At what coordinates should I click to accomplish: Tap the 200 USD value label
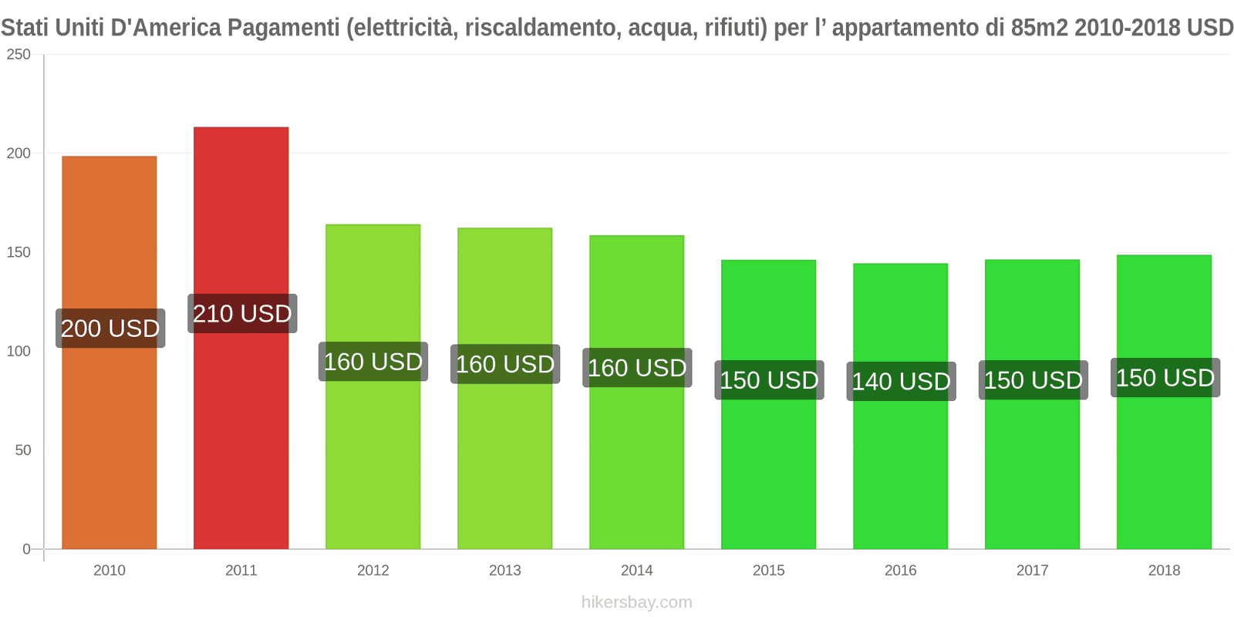click(x=110, y=329)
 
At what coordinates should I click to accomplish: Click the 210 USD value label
click(x=242, y=314)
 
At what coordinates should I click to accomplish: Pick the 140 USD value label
click(x=901, y=382)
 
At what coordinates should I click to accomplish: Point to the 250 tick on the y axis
click(x=19, y=55)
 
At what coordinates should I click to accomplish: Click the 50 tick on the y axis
click(x=23, y=450)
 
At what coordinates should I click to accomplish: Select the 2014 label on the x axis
click(x=636, y=571)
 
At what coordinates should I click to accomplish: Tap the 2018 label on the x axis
click(x=1164, y=571)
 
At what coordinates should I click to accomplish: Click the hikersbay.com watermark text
click(x=636, y=602)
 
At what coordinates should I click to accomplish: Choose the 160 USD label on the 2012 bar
click(x=373, y=362)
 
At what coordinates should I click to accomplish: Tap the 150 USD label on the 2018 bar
click(x=1165, y=378)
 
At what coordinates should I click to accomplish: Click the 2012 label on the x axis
click(x=373, y=571)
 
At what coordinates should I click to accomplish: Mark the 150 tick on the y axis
click(x=19, y=253)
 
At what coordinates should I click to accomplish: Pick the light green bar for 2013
click(x=504, y=463)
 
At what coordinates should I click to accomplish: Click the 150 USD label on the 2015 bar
click(x=769, y=380)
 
